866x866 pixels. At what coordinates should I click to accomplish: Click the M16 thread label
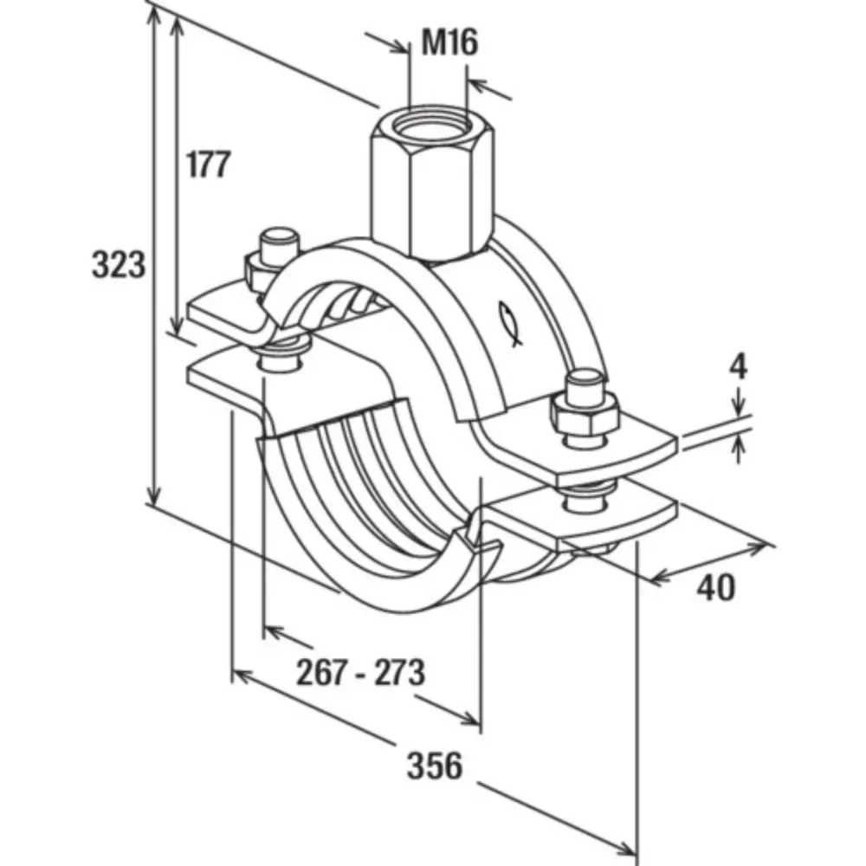(449, 42)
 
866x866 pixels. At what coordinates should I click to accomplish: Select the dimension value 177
(209, 164)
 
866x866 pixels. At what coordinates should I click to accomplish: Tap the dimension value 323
(119, 265)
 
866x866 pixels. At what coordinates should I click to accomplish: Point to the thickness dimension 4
(737, 366)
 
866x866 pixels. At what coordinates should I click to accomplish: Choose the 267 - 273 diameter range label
(360, 672)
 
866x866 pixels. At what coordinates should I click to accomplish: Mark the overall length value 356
(435, 766)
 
